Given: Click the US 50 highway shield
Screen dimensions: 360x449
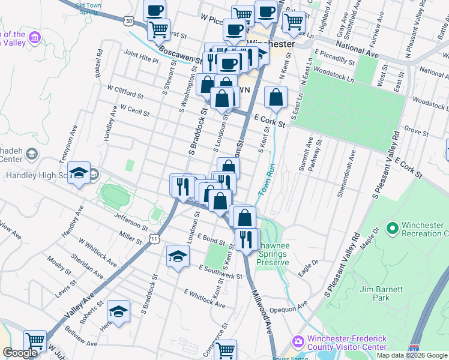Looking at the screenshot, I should [x=130, y=20].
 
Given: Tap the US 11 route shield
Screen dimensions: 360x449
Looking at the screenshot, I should [x=155, y=239].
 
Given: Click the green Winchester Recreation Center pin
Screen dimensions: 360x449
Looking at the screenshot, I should [x=393, y=229].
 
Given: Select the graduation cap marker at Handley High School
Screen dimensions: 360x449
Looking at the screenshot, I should [x=79, y=173].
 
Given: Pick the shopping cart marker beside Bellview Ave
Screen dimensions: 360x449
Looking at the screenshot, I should [x=35, y=341].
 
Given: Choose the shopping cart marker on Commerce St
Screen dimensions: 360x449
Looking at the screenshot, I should [x=226, y=349].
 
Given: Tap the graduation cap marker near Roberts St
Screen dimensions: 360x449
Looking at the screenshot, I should [x=118, y=311].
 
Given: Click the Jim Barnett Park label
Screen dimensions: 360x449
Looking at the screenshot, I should [x=382, y=293].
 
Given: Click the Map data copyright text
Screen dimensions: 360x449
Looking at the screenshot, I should [x=412, y=355].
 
